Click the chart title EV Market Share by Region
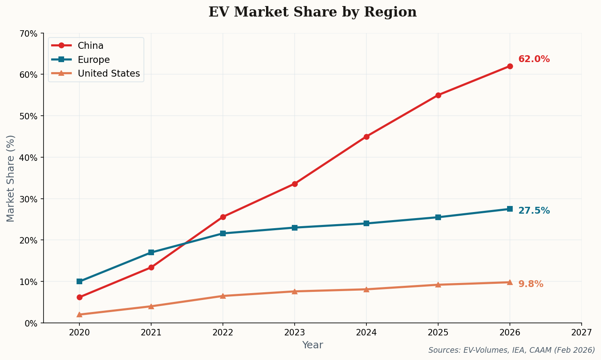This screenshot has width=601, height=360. coord(312,12)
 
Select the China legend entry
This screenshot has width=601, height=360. coord(90,46)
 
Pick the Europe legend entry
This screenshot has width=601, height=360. coord(94,60)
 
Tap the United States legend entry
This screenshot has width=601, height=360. coord(108,73)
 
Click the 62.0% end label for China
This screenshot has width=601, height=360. coord(534,59)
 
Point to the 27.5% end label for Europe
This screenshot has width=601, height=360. coord(534,211)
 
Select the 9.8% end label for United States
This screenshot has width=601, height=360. coord(530,284)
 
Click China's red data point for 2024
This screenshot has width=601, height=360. coord(366,137)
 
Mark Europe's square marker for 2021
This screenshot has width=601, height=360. coord(151,252)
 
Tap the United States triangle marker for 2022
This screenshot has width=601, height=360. coord(223,296)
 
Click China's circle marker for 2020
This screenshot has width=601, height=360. coord(79,297)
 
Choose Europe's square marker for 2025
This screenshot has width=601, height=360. coord(438,217)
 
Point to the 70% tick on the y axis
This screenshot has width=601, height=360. coord(29,33)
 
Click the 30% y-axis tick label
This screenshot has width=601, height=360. coord(29,199)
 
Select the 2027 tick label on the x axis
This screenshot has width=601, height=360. coord(581,333)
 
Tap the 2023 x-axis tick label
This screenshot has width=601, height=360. coord(295,333)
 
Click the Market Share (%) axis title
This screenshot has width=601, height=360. coord(11,178)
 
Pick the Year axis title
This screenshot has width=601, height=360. coord(312,345)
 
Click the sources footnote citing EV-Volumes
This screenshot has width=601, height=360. coord(512,350)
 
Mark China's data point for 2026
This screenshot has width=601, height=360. coord(510,66)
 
